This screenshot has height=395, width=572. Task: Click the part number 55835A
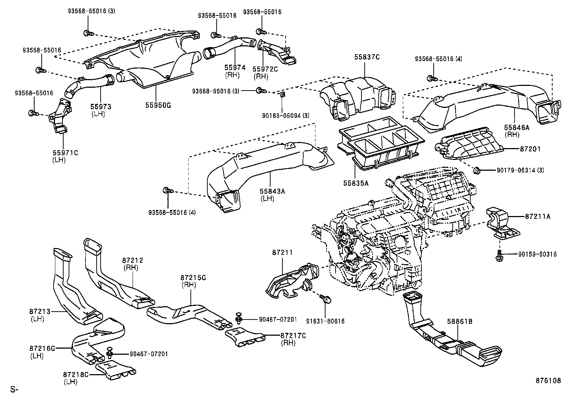click(356, 183)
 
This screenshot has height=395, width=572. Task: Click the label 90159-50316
click(538, 254)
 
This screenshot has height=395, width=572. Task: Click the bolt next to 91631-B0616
click(326, 298)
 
